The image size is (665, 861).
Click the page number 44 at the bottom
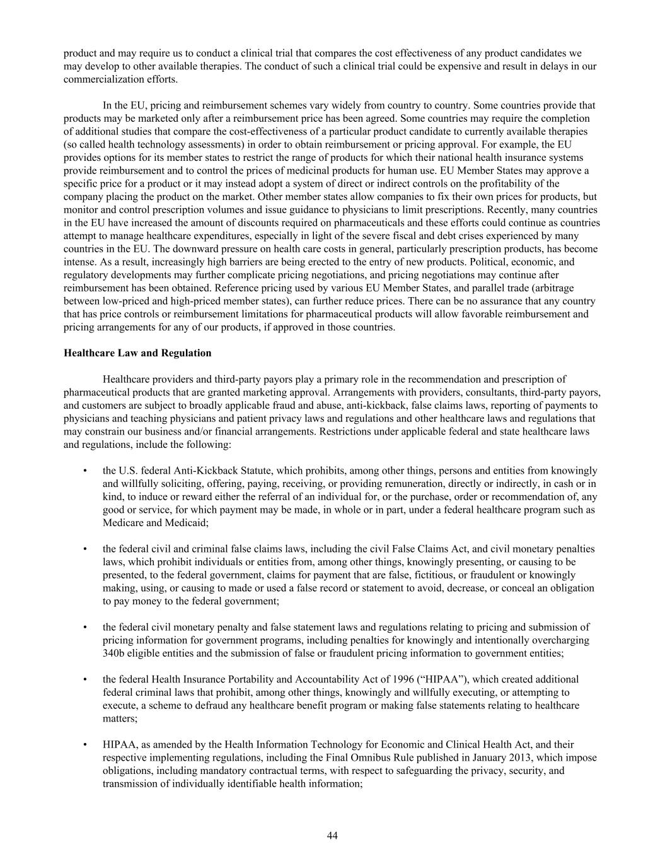(332, 836)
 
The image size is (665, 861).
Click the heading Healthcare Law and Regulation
(137, 353)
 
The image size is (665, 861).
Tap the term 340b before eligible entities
(114, 653)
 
